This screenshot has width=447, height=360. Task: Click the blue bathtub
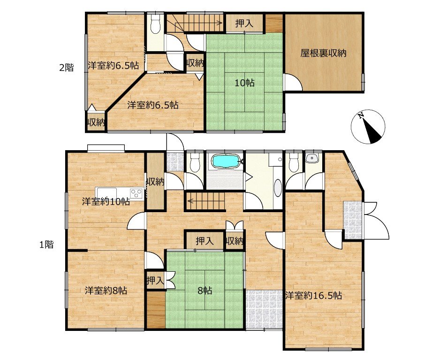coord(226,161)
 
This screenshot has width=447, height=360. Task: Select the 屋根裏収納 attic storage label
coord(323,53)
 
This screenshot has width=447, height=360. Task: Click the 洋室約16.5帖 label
coord(314,296)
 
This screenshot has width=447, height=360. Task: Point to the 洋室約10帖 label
coord(106,202)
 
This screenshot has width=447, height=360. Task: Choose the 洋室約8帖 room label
coord(106,291)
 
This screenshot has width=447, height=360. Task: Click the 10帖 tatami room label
coord(244,83)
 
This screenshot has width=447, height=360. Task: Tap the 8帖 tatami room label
coord(205,291)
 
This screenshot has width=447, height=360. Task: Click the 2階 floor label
coord(67,68)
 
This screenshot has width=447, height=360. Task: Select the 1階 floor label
coord(46,245)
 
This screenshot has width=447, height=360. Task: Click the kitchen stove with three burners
coord(137,193)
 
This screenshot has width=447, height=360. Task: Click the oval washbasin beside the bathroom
coord(277,188)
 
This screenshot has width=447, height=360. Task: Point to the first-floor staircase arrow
coord(206,201)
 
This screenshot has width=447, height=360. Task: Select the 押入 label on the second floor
coord(244,23)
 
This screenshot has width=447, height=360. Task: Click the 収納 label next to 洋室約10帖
coord(155,182)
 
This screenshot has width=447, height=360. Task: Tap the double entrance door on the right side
coord(376,221)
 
